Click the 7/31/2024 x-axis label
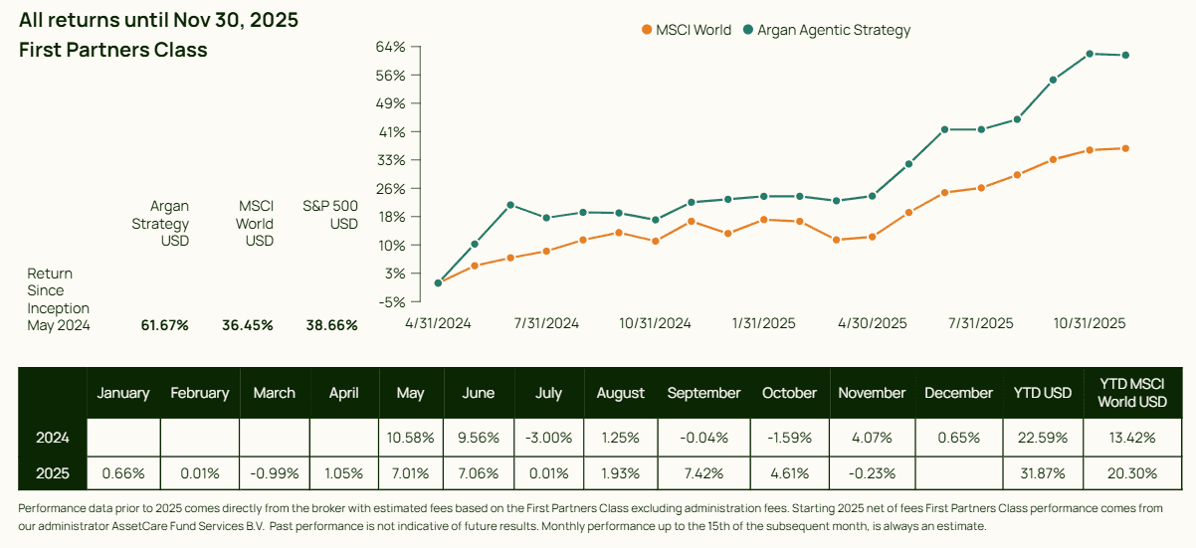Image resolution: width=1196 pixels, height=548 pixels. coord(547,323)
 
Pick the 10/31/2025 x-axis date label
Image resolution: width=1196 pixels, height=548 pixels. coord(1090,323)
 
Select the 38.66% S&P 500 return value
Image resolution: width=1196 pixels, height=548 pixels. coord(331,325)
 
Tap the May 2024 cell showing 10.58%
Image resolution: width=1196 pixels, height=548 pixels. coord(410,438)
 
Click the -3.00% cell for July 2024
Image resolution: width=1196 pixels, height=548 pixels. coord(548,438)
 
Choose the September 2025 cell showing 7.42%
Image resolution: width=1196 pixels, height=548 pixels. coord(703,473)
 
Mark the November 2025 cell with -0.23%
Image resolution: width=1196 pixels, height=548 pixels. coord(872,473)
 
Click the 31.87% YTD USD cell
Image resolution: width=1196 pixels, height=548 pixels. coord(1042,473)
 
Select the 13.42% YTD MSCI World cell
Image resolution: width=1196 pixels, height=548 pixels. coord(1132,438)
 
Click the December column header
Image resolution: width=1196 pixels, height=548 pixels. coord(958,393)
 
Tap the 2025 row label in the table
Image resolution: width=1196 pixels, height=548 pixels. coord(52,473)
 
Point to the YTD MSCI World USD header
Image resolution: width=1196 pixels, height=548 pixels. coord(1132,393)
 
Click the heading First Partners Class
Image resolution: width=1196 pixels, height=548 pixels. coord(113,50)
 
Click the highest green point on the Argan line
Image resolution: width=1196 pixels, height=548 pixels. coord(1090,54)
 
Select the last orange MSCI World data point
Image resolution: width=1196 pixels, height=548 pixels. coord(1125,148)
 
